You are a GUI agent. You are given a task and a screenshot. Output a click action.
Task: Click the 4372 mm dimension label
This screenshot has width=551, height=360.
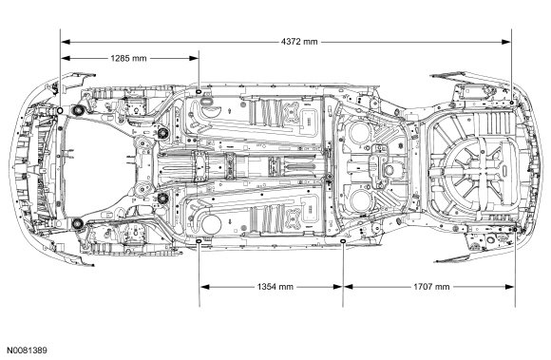pyautogui.click(x=299, y=42)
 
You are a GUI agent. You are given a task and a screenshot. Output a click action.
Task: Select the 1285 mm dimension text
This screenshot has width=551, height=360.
pyautogui.click(x=128, y=58)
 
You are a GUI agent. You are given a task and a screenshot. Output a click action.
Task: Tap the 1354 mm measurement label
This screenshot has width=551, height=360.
pyautogui.click(x=275, y=287)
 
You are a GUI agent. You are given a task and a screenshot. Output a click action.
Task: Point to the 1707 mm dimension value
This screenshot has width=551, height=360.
pyautogui.click(x=431, y=287)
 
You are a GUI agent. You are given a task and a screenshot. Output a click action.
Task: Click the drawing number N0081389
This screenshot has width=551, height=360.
pyautogui.click(x=28, y=351)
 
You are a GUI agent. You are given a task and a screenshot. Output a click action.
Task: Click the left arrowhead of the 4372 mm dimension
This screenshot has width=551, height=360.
pyautogui.click(x=66, y=42)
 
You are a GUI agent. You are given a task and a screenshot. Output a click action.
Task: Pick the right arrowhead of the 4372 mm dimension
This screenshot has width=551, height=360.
pyautogui.click(x=506, y=42)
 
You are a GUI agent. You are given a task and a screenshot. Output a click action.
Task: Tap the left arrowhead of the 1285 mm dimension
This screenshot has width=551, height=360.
pyautogui.click(x=66, y=58)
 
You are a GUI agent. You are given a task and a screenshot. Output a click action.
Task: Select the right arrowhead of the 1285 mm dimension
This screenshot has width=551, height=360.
pyautogui.click(x=194, y=58)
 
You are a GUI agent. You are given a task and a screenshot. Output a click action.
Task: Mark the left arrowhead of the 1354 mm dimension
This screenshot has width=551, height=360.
pyautogui.click(x=205, y=287)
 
